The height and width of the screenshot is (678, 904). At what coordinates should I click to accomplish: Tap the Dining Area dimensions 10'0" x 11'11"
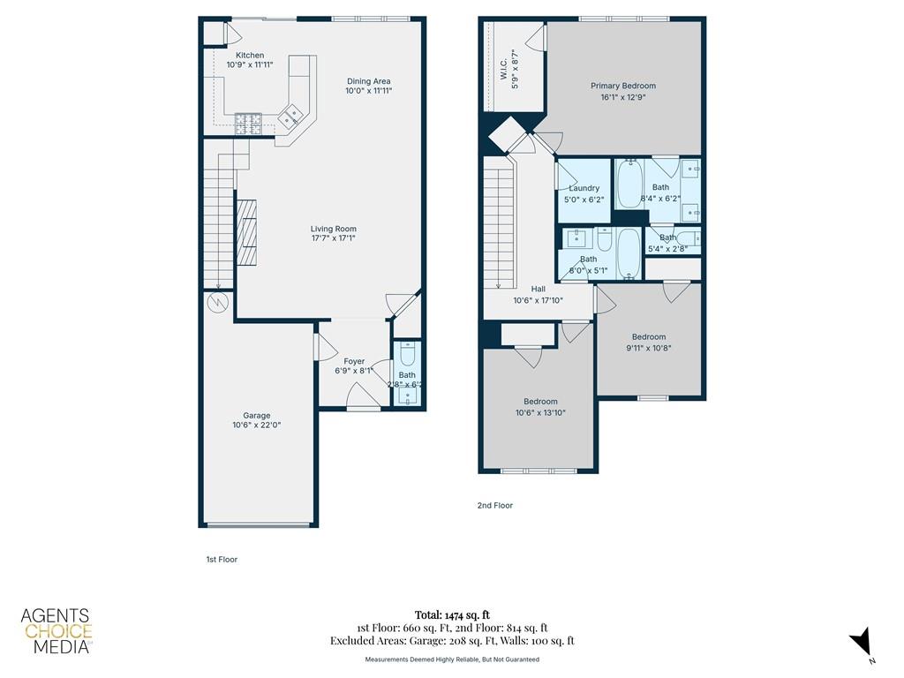click(x=368, y=91)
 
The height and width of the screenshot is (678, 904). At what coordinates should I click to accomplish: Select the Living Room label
click(x=333, y=229)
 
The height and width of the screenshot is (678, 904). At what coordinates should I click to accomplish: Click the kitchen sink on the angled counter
click(x=290, y=114)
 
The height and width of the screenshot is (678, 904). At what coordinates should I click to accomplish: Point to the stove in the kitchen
click(x=247, y=122)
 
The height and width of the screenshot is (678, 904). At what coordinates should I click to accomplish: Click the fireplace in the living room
click(x=247, y=232)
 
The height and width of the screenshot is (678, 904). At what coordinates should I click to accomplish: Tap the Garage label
click(x=257, y=416)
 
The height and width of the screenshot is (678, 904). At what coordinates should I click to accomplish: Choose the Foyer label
click(x=354, y=361)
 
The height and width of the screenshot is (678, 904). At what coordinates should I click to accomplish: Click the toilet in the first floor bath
click(x=407, y=355)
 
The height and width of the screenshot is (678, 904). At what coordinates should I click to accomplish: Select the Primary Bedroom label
click(x=623, y=86)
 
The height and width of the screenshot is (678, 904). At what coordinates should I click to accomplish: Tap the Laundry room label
click(x=584, y=188)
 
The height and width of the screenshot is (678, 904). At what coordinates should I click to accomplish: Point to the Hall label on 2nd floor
click(x=538, y=289)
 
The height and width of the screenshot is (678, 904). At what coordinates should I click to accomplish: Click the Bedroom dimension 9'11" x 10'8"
click(x=648, y=347)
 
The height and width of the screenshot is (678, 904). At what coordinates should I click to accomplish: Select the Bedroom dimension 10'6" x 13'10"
click(x=539, y=412)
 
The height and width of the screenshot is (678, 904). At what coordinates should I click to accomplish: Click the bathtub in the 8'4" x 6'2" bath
click(x=628, y=183)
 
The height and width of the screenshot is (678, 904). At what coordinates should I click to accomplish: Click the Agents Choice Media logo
click(x=56, y=631)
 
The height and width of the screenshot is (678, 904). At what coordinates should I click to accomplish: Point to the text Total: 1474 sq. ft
click(x=451, y=614)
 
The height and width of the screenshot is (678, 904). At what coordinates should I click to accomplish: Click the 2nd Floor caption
click(x=494, y=506)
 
